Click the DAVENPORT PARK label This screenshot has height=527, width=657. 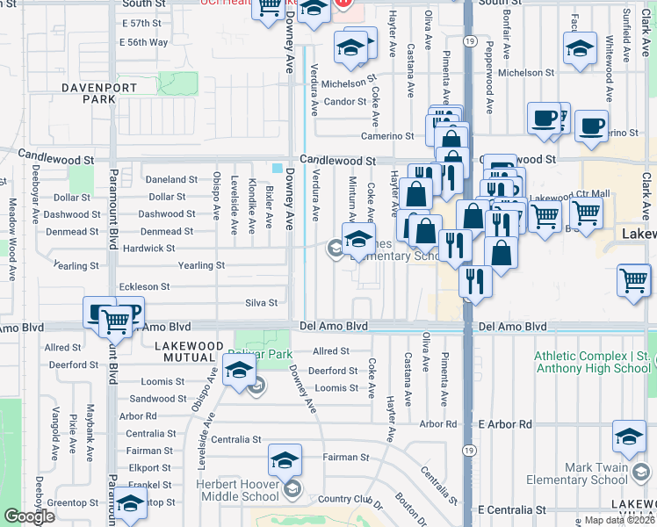click(x=87, y=93)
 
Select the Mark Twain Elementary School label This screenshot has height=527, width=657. click(x=577, y=473)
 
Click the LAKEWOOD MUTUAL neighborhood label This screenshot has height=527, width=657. click(x=189, y=352)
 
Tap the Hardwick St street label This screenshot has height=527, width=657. click(x=148, y=249)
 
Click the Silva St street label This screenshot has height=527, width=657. click(x=261, y=303)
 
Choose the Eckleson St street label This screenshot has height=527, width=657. click(x=145, y=286)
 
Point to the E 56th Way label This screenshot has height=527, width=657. click(x=145, y=42)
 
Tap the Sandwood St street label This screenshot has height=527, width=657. click(x=158, y=399)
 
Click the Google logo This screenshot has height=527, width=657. click(x=29, y=516)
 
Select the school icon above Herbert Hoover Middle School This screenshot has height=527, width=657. click(x=284, y=461)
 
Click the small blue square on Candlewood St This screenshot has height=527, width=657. click(x=278, y=169)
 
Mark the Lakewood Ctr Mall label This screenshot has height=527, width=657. click(x=570, y=194)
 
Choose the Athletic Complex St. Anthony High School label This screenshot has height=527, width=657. click(x=593, y=362)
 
